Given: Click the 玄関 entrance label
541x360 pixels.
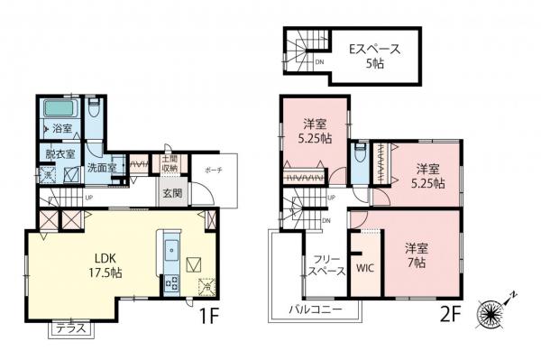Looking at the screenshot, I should (x=173, y=192).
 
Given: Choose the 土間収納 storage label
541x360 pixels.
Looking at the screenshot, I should (x=170, y=163).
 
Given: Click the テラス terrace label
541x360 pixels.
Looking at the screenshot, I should (x=69, y=328).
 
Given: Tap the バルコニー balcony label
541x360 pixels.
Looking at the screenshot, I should (x=315, y=309).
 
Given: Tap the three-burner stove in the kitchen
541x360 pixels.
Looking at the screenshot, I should (x=169, y=282).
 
